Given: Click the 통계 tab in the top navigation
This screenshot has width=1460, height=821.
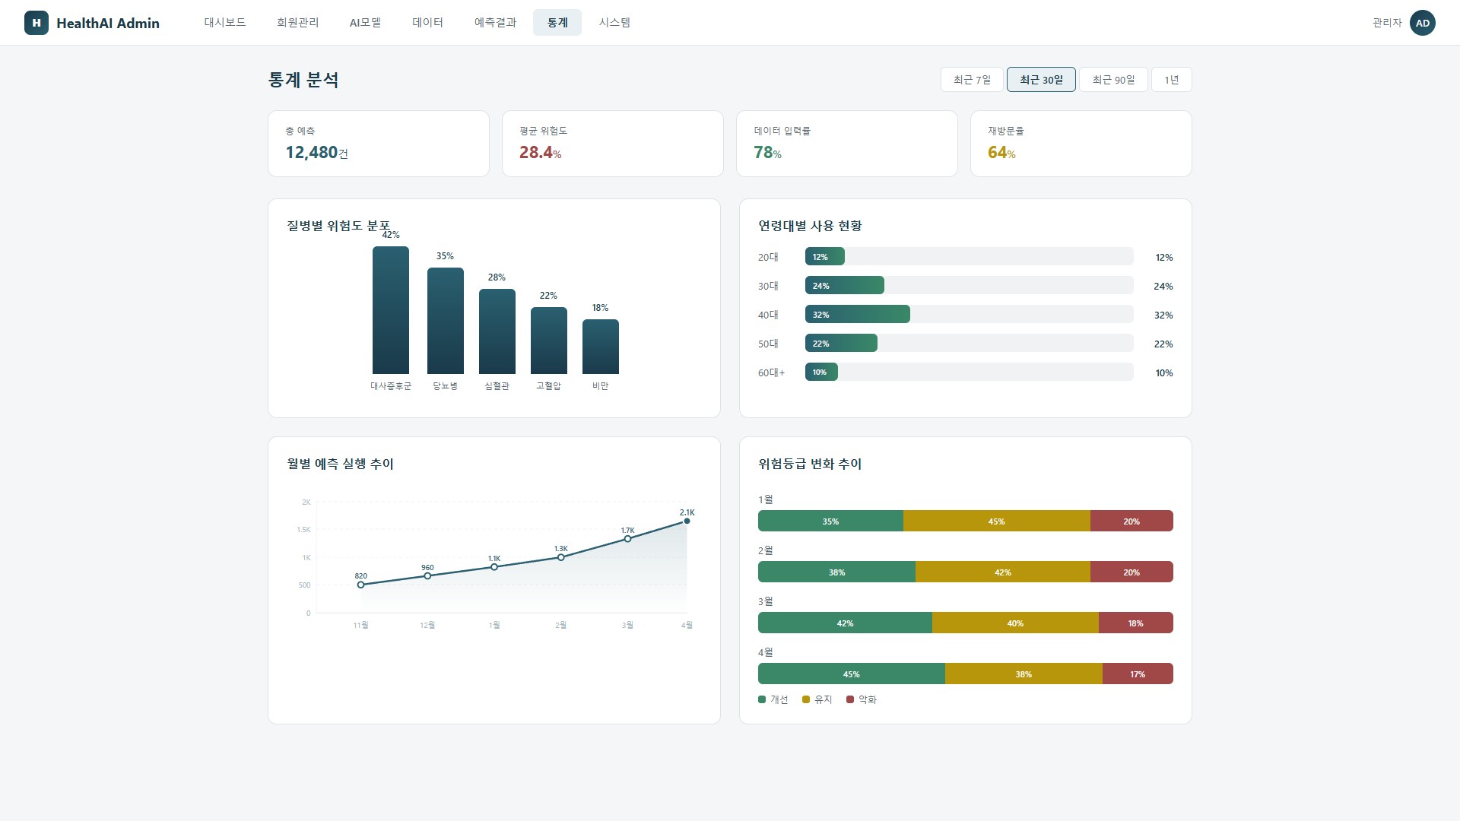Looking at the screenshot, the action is tap(557, 23).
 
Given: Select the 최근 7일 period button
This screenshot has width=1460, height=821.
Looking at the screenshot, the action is tap(972, 80).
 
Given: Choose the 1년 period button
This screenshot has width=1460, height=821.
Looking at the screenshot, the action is tap(1172, 80).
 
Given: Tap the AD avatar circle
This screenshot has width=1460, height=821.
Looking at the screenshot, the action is tap(1423, 23).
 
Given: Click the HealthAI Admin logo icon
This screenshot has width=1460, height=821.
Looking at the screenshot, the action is tap(36, 23).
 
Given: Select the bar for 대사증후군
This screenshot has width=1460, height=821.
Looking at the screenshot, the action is tap(391, 310).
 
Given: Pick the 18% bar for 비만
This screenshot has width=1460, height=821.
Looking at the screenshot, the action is tap(601, 347).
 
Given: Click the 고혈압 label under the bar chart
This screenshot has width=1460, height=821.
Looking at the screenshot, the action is tap(548, 386).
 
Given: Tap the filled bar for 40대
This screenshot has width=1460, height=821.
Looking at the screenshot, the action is tap(858, 314).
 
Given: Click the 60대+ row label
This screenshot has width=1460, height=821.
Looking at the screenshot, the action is tap(771, 372).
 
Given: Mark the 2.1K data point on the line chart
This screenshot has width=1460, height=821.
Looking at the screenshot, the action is tap(687, 521).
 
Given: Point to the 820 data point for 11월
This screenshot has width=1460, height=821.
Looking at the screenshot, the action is tap(361, 585).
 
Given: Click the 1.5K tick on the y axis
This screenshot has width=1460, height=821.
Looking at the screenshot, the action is tap(303, 530).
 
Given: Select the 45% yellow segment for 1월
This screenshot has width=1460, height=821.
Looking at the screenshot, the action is tap(997, 521).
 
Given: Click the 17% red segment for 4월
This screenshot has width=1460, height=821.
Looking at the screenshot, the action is tap(1138, 674).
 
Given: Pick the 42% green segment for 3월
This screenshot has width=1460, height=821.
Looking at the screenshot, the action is tap(845, 623).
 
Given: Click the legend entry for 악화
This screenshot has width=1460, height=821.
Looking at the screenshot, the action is tap(862, 699).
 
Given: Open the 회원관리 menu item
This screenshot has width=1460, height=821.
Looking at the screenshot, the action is tap(298, 23).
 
